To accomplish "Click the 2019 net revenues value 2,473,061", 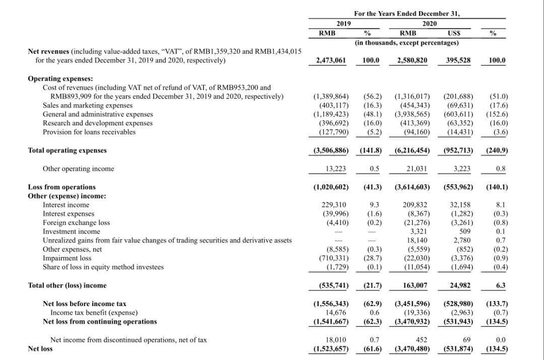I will click(330, 60).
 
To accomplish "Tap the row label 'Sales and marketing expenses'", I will click(88, 105).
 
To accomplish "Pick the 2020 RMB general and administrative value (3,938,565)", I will click(412, 114).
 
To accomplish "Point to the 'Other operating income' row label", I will click(79, 169).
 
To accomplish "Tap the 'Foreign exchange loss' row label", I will click(76, 223).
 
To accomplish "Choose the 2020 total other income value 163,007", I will click(415, 285).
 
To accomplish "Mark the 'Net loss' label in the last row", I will click(40, 348).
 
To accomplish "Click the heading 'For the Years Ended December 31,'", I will click(407, 14).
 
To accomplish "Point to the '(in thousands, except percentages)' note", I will click(407, 43).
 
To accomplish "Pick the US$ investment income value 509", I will click(464, 232).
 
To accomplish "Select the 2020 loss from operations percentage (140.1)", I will click(497, 187).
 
